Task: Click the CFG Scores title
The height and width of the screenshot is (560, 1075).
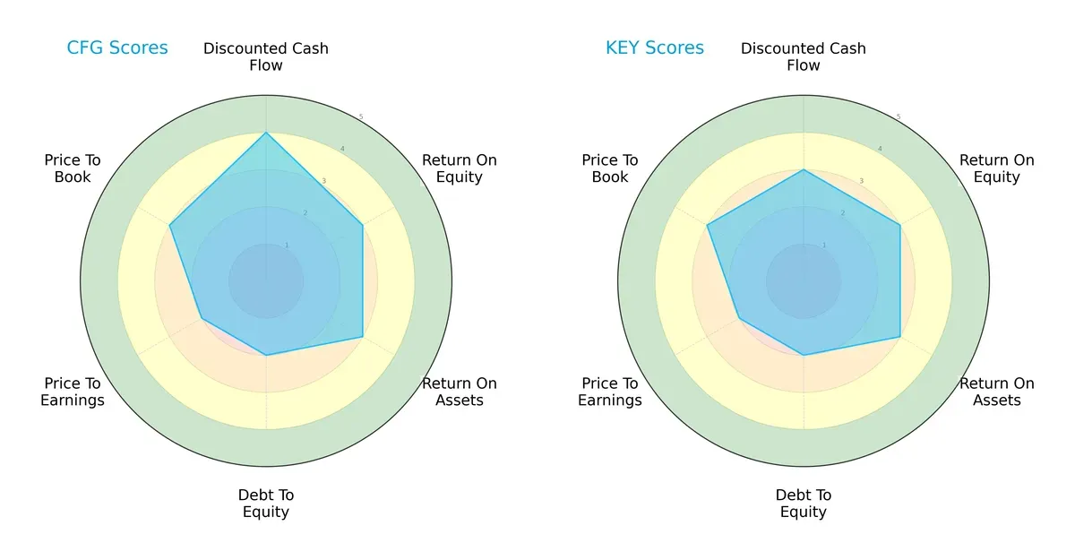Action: (x=117, y=48)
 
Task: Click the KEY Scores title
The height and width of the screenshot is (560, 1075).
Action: (x=655, y=48)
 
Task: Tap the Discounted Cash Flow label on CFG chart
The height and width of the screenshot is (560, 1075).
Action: (x=266, y=56)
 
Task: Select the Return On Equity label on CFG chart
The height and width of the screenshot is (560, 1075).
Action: (x=460, y=168)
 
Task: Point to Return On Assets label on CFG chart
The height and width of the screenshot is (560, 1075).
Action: (x=460, y=392)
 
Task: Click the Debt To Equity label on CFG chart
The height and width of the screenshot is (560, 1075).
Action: (x=266, y=504)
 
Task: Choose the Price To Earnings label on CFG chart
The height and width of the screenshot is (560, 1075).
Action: (x=73, y=392)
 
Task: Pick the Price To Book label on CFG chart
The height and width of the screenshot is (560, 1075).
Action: (x=73, y=168)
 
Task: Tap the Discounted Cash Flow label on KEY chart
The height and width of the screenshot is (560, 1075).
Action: (x=804, y=56)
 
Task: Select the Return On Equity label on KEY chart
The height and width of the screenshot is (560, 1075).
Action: (x=997, y=168)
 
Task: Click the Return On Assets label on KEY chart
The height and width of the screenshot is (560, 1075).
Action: (x=997, y=392)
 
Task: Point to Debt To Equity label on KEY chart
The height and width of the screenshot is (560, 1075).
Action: (x=804, y=504)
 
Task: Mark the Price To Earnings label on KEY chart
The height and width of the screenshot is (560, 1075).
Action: (x=610, y=392)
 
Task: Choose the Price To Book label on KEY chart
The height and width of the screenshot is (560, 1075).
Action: (x=610, y=168)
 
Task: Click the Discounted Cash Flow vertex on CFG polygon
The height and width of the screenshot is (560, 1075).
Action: (x=266, y=133)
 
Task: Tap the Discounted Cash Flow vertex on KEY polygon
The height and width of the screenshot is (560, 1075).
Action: (x=804, y=169)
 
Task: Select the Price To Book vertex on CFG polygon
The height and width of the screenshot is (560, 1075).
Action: (x=169, y=225)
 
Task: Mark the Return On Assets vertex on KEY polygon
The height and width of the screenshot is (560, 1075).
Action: (x=900, y=337)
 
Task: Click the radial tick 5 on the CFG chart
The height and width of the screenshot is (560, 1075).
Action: (x=361, y=117)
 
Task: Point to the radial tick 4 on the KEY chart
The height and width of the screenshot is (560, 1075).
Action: (x=879, y=149)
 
